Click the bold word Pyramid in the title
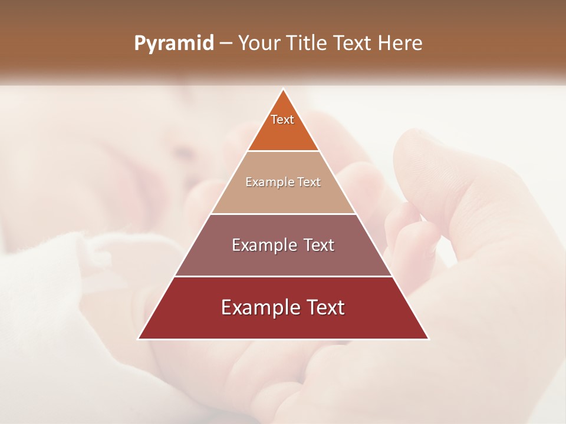[174, 44]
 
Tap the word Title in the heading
[306, 44]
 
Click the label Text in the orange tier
[282, 120]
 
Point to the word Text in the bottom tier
[324, 307]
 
